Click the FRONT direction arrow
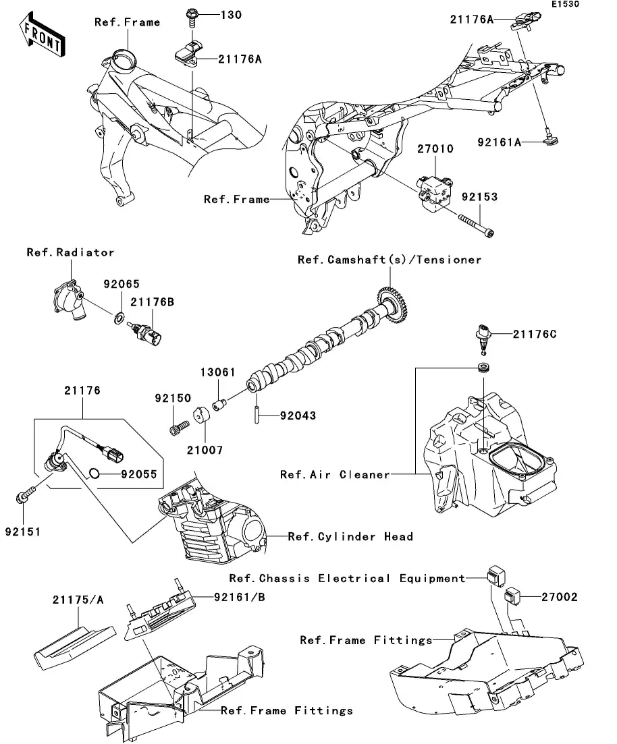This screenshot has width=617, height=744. [x=42, y=38]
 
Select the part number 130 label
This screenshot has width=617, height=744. [x=214, y=15]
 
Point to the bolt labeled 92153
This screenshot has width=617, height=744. [x=475, y=226]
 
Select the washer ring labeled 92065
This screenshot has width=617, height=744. [x=119, y=317]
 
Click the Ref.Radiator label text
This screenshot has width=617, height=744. [x=70, y=252]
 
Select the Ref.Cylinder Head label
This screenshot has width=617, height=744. [x=350, y=536]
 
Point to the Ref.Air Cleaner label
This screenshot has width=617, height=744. [x=335, y=474]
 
